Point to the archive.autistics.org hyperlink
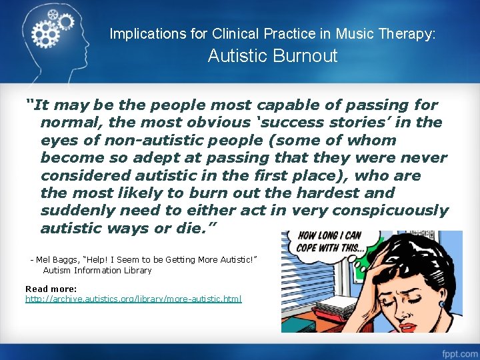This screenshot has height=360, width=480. [x=133, y=299]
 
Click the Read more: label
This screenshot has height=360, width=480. [x=51, y=289]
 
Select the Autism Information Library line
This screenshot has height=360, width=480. [x=97, y=270]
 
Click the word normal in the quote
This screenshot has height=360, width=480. [x=69, y=123]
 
